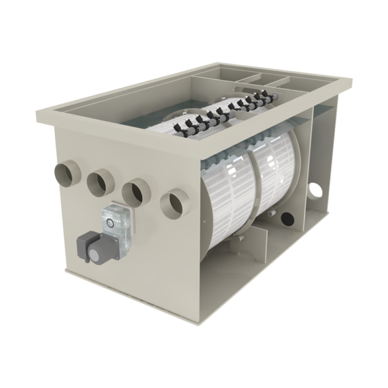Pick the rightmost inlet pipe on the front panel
coord(175,203)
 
